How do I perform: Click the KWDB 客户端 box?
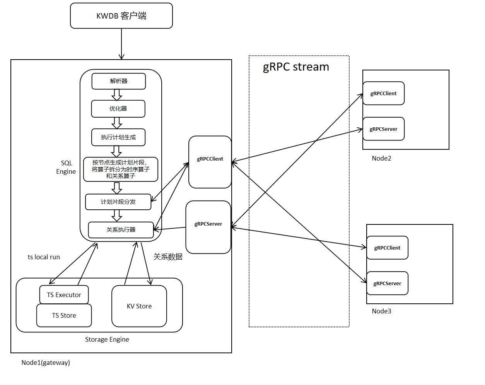121,16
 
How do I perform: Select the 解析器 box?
119,81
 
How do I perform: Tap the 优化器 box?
118,109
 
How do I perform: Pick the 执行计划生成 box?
118,137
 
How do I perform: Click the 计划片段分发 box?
118,202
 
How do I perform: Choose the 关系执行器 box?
121,230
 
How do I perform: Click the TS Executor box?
64,295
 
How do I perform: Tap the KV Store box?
139,306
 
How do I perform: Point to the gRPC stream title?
296,67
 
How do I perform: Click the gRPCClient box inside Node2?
383,93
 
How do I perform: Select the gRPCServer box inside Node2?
383,129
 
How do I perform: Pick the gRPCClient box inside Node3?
387,248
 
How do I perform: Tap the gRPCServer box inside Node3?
387,283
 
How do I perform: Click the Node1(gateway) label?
46,363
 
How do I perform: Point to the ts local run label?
44,257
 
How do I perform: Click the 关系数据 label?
168,257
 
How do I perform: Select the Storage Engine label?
107,339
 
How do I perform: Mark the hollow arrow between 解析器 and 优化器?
117,95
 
